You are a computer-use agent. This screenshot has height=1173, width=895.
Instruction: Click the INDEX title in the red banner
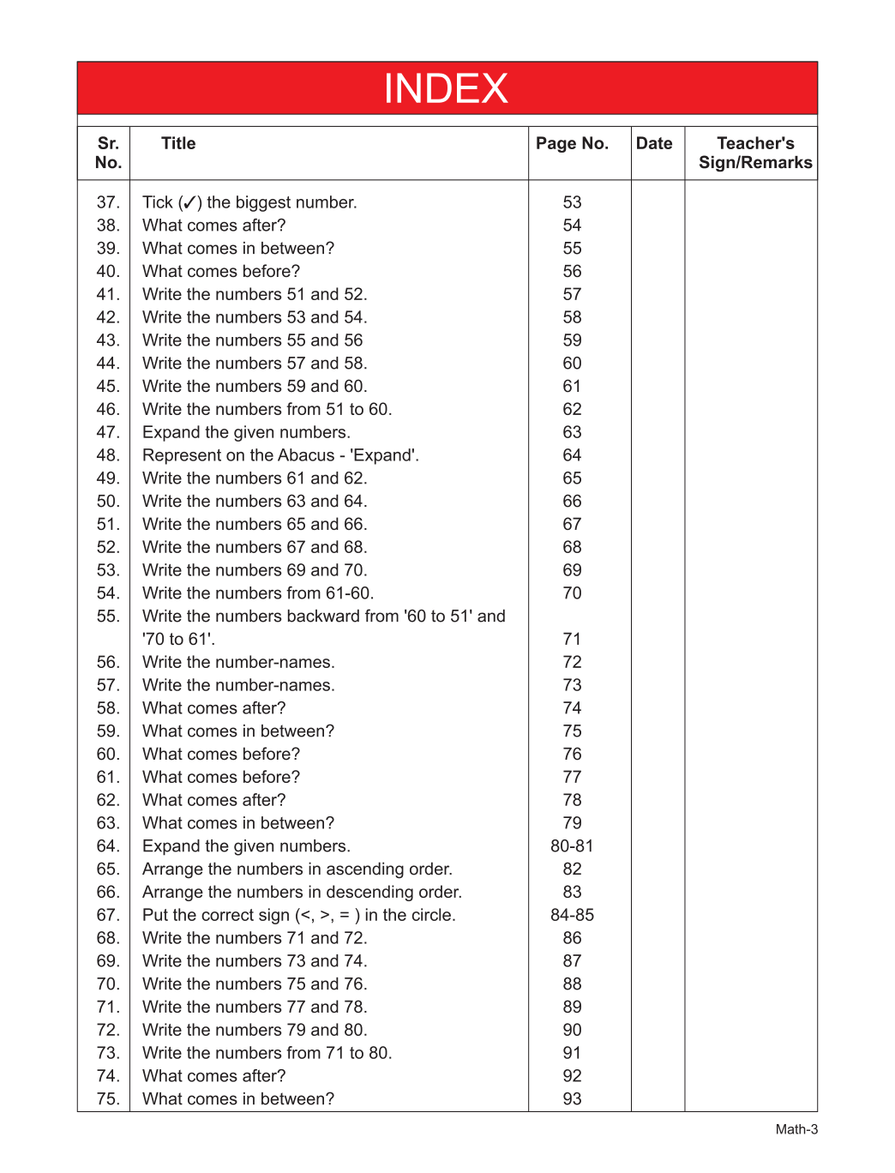[446, 88]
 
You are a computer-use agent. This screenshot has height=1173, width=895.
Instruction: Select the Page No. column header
[572, 143]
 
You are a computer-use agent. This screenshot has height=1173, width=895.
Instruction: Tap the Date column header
[654, 143]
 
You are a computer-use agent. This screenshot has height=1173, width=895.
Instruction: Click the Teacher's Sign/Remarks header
[755, 153]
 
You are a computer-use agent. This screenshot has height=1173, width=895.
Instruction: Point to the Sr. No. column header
[108, 153]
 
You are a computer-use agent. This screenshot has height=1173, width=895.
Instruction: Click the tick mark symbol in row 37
[190, 203]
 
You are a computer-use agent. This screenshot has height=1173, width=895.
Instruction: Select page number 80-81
[572, 846]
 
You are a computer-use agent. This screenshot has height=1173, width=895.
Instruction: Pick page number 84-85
[572, 915]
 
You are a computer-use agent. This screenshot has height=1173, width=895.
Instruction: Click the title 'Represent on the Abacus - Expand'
[280, 455]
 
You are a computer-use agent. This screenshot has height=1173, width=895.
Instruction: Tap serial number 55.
[108, 617]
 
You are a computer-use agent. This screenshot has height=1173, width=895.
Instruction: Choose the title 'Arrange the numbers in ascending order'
[297, 869]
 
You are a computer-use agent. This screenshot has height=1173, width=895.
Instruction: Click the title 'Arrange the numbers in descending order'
[302, 893]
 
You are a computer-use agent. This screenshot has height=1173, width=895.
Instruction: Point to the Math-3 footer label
[796, 1129]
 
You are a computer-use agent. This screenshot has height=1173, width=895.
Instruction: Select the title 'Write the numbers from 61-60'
[258, 593]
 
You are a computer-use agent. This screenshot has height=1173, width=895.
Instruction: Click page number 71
[572, 640]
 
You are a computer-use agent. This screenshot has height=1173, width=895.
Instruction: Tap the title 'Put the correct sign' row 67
[298, 916]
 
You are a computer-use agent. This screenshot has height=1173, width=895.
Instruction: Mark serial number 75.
[108, 1099]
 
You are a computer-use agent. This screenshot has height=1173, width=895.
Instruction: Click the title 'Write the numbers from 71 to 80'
[267, 1053]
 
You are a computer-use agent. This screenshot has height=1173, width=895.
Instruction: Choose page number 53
[572, 202]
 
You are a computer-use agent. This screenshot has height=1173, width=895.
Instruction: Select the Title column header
[178, 143]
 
